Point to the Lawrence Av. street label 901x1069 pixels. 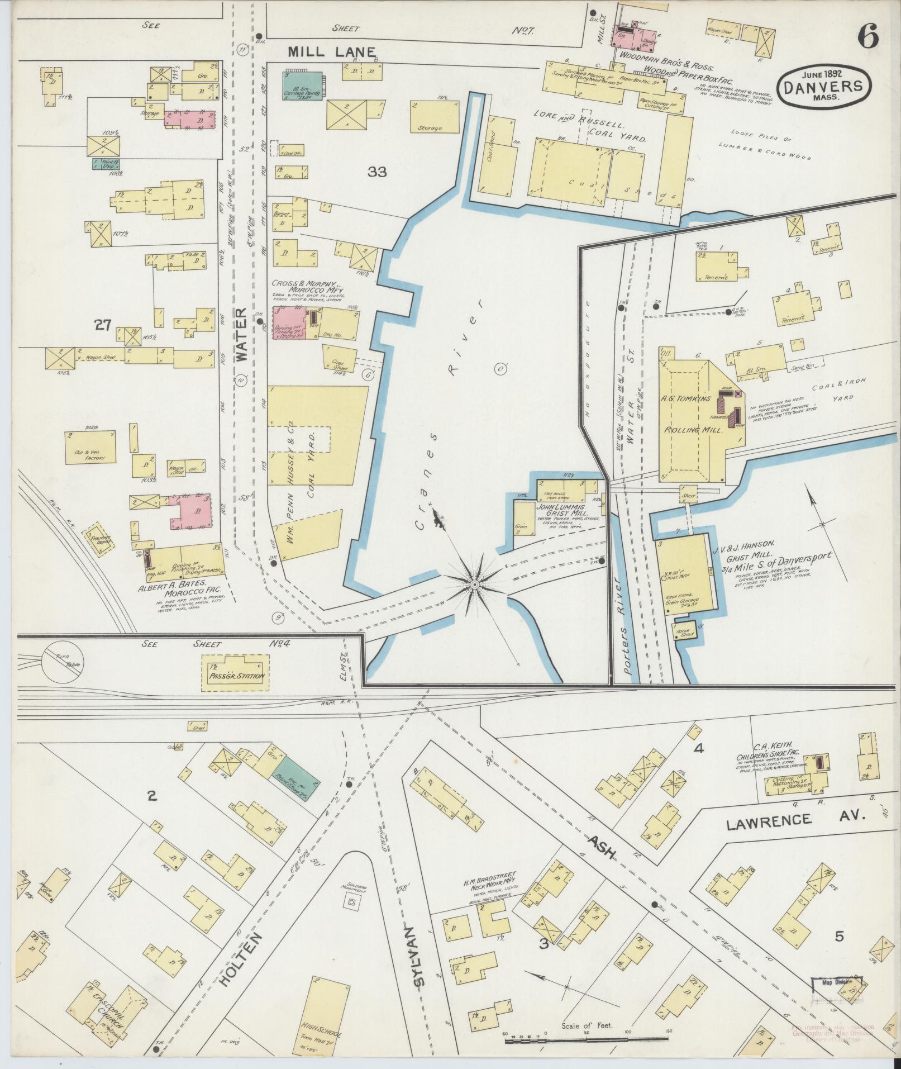pos(795,820)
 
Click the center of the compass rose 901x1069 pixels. pos(474,584)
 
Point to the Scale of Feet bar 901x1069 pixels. pos(587,1040)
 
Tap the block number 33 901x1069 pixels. pos(377,172)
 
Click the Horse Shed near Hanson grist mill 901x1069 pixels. pos(685,632)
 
